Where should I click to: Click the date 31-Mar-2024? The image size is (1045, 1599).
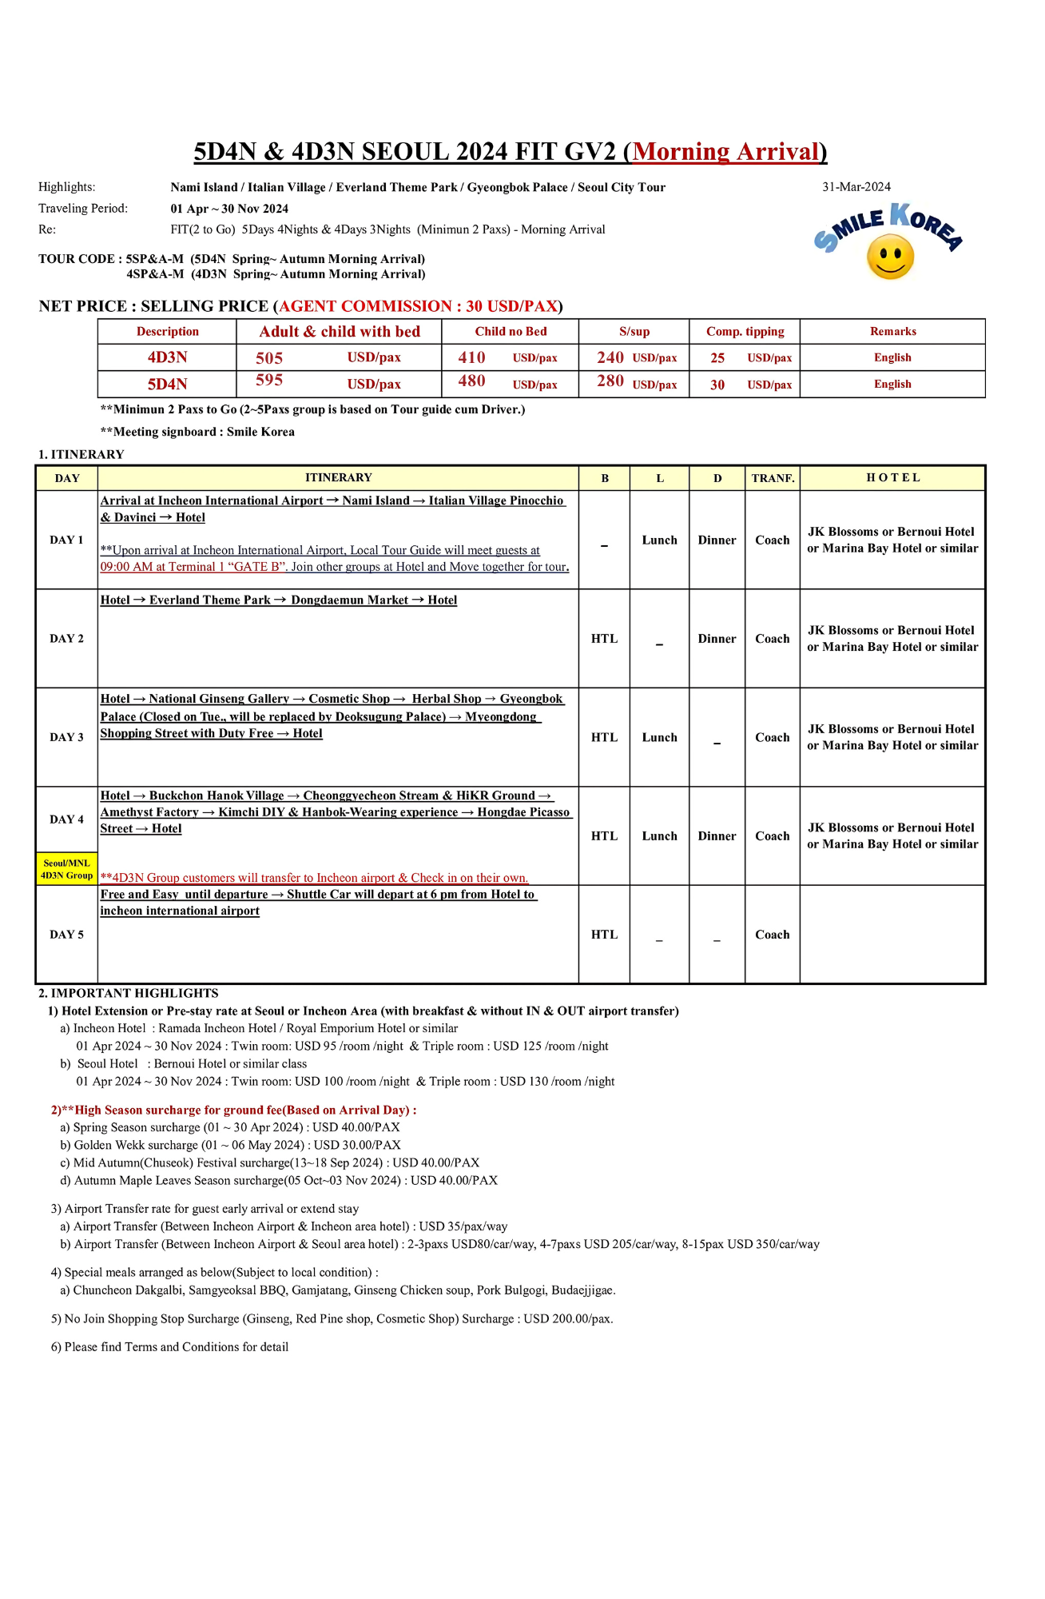[856, 187]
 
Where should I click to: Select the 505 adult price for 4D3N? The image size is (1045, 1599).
[269, 358]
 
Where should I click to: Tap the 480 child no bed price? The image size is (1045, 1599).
[471, 381]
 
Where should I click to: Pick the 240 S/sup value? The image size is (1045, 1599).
[610, 357]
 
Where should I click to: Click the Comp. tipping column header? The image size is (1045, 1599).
[745, 332]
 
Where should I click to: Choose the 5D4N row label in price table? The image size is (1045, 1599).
[167, 385]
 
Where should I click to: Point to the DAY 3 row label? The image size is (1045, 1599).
[66, 737]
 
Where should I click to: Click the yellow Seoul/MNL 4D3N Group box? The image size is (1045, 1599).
[66, 869]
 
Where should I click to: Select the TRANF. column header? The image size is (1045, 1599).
[773, 478]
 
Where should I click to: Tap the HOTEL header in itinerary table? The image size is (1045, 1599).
[892, 478]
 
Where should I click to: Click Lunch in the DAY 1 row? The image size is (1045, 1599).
[659, 540]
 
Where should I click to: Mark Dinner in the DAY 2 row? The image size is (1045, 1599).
[717, 639]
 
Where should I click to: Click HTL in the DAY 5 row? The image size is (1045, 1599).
[604, 935]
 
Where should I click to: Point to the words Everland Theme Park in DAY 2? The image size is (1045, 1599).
[209, 600]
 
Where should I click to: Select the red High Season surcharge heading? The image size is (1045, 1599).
[233, 1110]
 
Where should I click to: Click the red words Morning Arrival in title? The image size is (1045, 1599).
[725, 152]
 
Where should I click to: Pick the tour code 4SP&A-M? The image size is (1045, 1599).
[155, 274]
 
